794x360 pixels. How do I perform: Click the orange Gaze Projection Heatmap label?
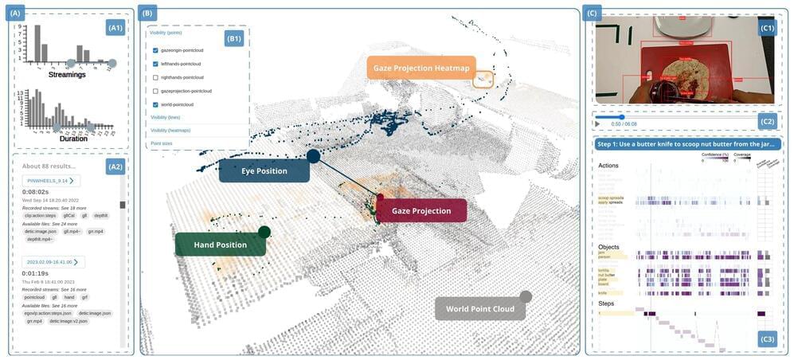(420, 68)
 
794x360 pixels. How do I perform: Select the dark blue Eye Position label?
(264, 170)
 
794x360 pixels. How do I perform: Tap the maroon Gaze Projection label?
(421, 211)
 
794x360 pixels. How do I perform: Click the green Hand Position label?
(219, 245)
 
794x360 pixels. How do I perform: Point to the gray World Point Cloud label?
(479, 308)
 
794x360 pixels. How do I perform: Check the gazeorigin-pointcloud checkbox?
(155, 50)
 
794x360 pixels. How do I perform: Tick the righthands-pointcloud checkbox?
(155, 77)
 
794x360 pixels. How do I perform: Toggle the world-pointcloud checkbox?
(155, 104)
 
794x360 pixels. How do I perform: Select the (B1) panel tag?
(233, 37)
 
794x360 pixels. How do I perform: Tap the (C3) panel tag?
(767, 339)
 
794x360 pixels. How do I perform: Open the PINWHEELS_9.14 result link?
(48, 181)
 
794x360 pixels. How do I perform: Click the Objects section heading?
(608, 247)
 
